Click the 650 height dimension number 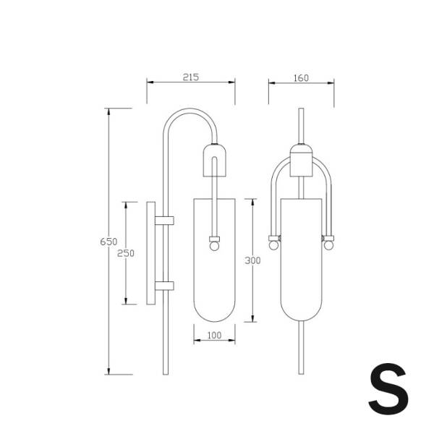pos(109,242)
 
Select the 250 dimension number pos(126,253)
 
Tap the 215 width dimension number pos(191,77)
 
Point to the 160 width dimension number pos(301,78)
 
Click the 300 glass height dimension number pos(252,260)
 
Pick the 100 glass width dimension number pos(215,336)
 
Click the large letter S pos(388,389)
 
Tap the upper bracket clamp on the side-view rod pos(164,221)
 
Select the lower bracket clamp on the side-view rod pos(164,286)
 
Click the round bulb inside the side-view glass pos(214,246)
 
